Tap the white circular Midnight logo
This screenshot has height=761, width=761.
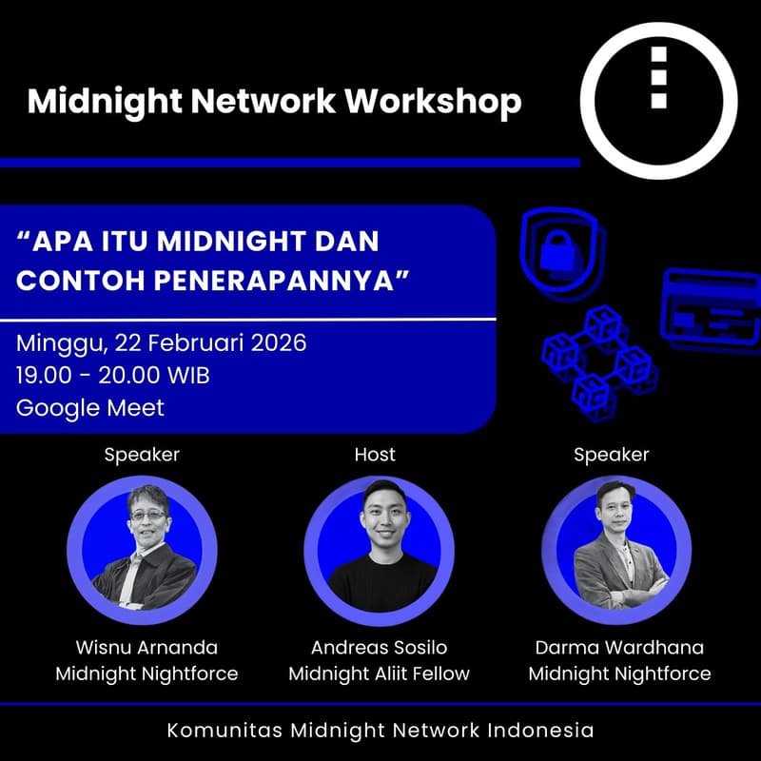click(658, 100)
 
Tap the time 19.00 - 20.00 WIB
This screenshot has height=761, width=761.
click(113, 375)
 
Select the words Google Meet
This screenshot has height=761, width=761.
click(90, 408)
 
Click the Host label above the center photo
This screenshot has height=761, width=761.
click(375, 455)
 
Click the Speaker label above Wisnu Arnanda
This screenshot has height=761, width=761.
click(142, 455)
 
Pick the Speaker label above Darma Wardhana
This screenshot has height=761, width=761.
click(611, 455)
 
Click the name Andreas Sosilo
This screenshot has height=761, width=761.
click(379, 648)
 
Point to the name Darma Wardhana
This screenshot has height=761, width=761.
click(619, 648)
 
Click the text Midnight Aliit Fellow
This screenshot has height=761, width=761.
click(379, 674)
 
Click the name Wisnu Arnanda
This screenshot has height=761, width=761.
click(146, 648)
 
